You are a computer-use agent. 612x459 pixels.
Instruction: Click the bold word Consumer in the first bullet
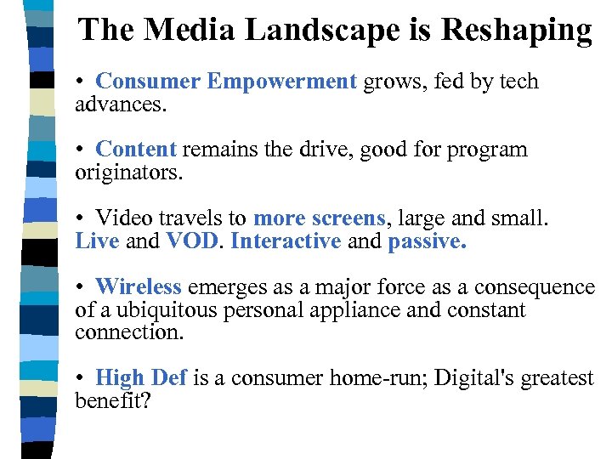148,82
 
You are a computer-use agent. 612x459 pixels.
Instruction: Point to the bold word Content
136,150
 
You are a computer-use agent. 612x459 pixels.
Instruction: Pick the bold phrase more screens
320,218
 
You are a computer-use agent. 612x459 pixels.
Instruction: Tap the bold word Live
97,241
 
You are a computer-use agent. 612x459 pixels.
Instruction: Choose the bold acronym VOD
193,241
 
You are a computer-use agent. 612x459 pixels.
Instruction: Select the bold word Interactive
286,241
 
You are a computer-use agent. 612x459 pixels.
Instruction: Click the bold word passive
427,241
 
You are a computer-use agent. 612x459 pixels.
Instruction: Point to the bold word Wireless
139,287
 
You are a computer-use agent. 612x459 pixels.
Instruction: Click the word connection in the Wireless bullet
127,332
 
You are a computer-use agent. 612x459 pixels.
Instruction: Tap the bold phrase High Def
141,378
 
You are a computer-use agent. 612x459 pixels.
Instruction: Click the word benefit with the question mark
112,401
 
